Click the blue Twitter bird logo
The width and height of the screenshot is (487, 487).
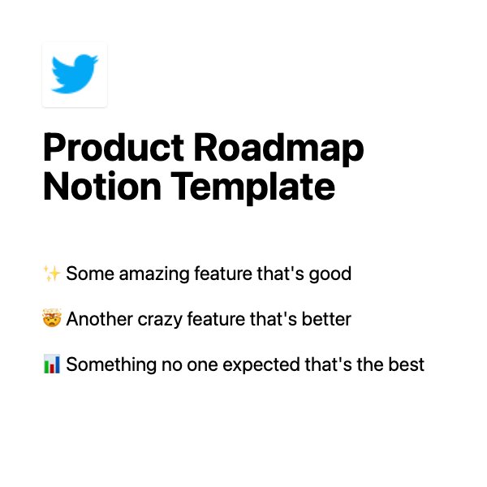[75, 74]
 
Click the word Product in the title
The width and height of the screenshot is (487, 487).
[114, 149]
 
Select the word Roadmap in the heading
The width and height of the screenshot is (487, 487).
[279, 149]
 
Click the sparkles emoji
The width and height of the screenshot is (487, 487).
[52, 274]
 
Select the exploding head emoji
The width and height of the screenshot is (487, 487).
[52, 319]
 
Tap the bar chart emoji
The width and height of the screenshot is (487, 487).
[52, 364]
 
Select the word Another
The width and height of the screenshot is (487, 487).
[97, 319]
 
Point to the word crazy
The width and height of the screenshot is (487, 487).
[157, 319]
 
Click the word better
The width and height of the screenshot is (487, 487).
[328, 319]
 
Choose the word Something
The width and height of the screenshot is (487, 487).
[106, 364]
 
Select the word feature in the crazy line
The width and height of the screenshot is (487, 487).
[218, 319]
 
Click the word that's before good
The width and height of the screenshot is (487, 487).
[280, 274]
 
